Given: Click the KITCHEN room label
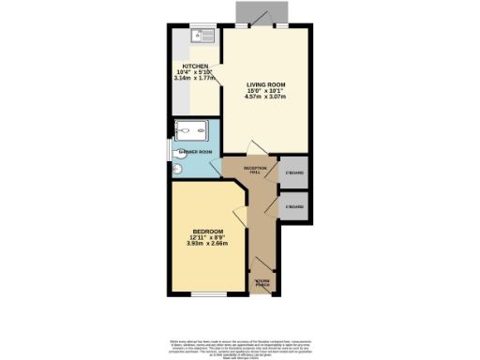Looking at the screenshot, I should (x=182, y=66).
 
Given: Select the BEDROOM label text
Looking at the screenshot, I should (x=207, y=232).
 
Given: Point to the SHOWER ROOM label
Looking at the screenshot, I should (x=196, y=151).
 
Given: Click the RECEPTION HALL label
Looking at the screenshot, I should (x=256, y=170).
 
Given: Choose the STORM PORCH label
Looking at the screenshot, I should (x=262, y=281).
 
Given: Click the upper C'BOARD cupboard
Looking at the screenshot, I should (x=295, y=172).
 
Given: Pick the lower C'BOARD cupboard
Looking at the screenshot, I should (x=295, y=205).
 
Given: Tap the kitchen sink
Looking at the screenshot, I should (x=202, y=37).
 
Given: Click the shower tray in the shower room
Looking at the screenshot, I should (x=192, y=131).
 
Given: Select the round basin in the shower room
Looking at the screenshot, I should (x=177, y=170).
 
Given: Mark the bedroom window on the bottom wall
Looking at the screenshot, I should (x=207, y=294).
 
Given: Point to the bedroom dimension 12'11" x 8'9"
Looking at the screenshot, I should (x=207, y=238).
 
